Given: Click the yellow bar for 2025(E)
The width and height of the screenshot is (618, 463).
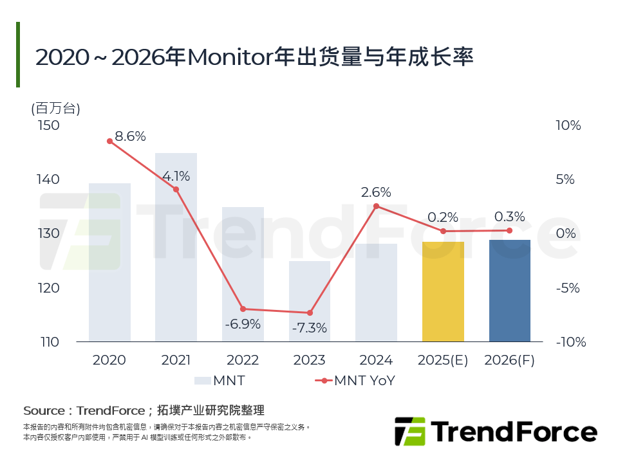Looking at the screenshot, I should tap(443, 292).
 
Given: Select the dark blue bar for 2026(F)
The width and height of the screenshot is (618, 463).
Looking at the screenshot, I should tap(510, 291).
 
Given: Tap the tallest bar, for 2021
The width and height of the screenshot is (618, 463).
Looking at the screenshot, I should tap(176, 248).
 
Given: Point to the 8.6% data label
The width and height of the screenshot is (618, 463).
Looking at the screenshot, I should tap(130, 136).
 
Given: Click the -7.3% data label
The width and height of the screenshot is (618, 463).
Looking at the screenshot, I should tap(309, 328).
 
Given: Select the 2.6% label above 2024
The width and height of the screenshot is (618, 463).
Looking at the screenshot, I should tap(376, 192).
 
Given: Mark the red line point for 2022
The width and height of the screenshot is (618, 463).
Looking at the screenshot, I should tap(243, 309).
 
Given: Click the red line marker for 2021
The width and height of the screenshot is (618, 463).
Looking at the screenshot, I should tap(176, 189).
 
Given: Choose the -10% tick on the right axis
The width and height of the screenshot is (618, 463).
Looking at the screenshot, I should tap(571, 342).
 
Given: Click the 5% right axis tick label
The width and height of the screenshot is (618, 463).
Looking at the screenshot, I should tap(565, 179).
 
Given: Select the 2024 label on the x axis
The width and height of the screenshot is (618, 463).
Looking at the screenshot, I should tap(376, 360).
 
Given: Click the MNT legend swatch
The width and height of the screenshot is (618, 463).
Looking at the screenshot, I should tap(202, 381).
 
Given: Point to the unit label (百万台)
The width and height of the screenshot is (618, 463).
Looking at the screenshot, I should tap(55, 108).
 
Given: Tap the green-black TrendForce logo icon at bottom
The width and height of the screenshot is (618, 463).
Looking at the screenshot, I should tap(409, 431).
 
